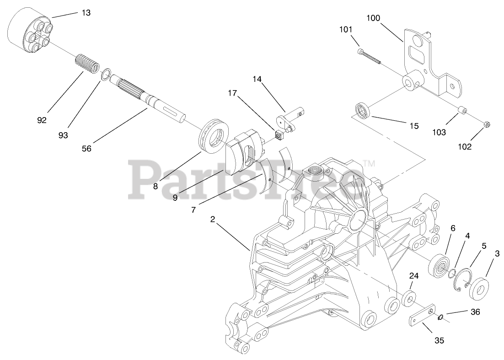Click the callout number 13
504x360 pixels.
pos(86,13)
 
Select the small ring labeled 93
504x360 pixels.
pos(106,74)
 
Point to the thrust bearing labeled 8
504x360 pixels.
pos(213,133)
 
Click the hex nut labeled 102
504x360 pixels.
pos(488,124)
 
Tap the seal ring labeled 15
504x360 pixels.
pos(363,111)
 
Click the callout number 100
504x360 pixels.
pos(373,18)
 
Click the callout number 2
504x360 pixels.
pos(213,220)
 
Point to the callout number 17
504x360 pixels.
pos(232,94)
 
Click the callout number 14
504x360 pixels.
pos(257,79)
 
